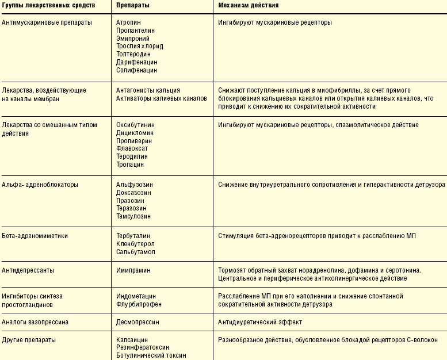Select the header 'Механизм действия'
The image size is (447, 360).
[249, 5]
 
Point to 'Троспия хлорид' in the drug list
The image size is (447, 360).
[139, 47]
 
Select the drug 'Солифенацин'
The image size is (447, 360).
[136, 70]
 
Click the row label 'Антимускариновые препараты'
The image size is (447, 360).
[47, 22]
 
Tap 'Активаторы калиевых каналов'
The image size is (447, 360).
[161, 98]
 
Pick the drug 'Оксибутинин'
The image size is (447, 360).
[135, 124]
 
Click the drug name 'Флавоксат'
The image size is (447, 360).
[132, 148]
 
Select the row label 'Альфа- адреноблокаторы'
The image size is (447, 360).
[40, 185]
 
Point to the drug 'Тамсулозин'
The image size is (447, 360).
[133, 216]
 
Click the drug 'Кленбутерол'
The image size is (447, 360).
[135, 244]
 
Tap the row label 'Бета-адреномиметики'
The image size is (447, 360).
[35, 236]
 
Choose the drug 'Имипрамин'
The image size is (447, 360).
[133, 270]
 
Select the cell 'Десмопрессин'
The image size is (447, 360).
[137, 322]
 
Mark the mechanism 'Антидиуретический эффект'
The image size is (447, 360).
[260, 322]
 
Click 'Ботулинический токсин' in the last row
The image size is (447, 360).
[151, 355]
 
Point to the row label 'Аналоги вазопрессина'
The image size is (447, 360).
[36, 322]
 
